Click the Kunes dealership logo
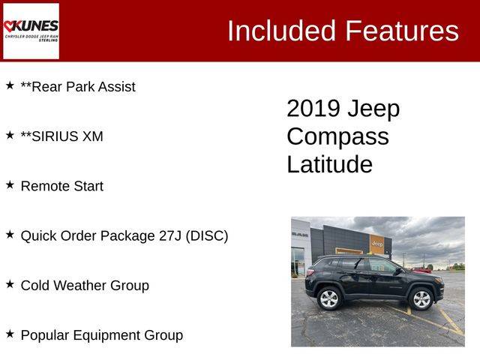31,31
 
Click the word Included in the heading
282,31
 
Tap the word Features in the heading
402,31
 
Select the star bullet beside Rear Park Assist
10,85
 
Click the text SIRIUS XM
67,136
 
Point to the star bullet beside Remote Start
10,185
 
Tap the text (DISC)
207,236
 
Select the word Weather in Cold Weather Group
81,286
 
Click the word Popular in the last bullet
45,335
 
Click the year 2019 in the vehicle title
313,108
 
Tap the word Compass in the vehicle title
338,136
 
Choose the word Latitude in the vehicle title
330,164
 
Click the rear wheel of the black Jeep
329,298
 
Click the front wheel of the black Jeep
421,299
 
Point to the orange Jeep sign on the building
376,244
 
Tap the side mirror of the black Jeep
398,271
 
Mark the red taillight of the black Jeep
310,272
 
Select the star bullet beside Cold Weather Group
10,284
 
